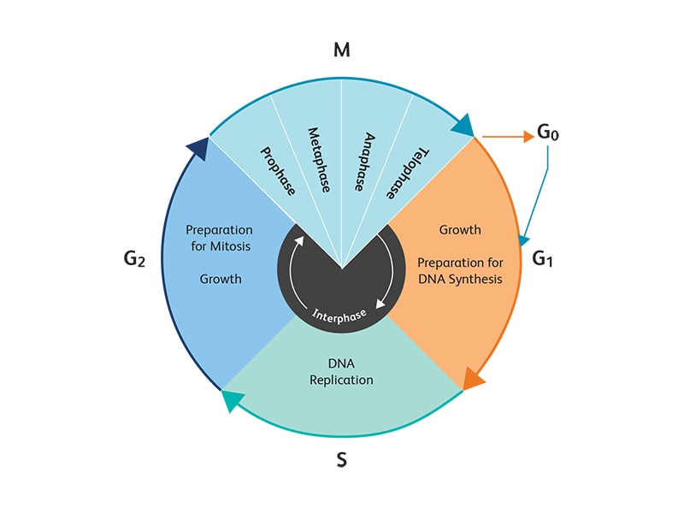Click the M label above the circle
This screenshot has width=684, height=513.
(342, 50)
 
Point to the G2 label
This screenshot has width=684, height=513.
(135, 257)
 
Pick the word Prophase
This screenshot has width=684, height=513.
(278, 170)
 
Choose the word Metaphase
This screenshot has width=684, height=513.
(319, 161)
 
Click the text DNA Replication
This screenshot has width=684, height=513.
(341, 371)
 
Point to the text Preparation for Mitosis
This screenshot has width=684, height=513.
(220, 238)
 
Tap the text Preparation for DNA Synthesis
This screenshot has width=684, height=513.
(460, 270)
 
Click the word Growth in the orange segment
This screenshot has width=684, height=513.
(460, 230)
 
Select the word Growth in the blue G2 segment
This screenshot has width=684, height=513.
(221, 279)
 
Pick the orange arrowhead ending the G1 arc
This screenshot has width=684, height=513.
(473, 378)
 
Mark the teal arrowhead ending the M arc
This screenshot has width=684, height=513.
(463, 126)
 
